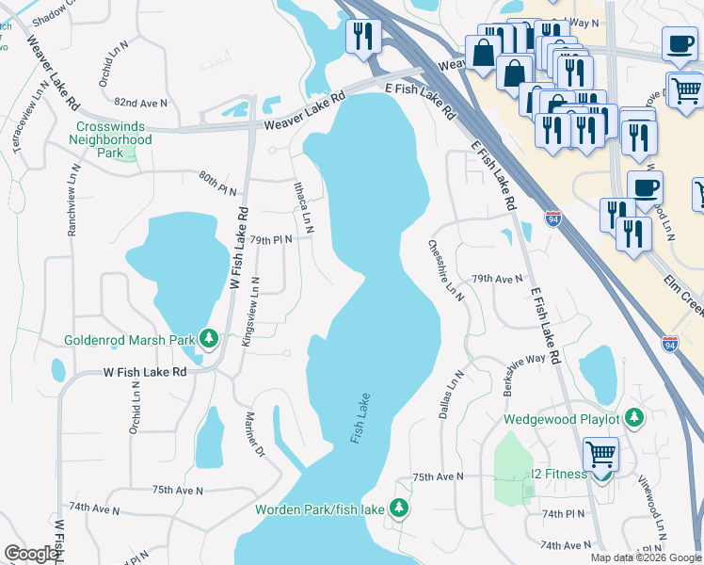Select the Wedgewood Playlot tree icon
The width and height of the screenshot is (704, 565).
click(635, 417)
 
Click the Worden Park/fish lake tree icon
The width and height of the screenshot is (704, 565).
click(399, 508)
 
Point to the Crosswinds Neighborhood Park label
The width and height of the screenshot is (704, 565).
click(110, 139)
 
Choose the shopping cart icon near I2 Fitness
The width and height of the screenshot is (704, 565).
click(600, 454)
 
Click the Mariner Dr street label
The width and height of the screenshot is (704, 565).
click(255, 432)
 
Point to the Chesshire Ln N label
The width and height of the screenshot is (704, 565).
click(447, 269)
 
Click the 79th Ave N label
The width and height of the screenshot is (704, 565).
click(497, 279)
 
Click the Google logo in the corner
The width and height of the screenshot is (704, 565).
click(31, 554)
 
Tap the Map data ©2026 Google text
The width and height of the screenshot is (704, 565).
click(645, 557)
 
